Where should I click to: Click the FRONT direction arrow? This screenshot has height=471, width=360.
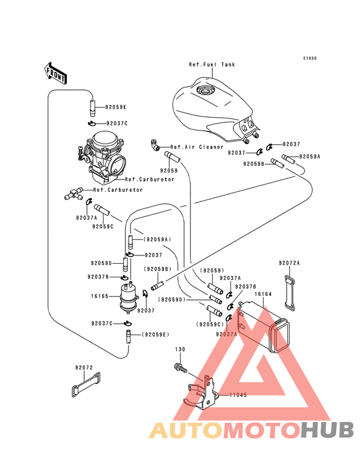pos(55,73)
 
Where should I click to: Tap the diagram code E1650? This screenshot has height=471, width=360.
pos(310,59)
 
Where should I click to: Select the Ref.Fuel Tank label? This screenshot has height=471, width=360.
pos(212,64)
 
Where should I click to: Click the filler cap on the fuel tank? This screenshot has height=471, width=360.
pos(206,89)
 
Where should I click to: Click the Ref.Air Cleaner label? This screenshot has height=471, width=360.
pos(197,147)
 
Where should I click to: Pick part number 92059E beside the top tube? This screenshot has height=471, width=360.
pos(116,107)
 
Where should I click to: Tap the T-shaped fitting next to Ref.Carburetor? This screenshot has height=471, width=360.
pos(74,194)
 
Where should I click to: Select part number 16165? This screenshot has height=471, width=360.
pos(100,296)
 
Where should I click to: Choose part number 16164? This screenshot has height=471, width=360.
pos(263,294)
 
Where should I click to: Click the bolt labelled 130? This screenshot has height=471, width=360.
pos(180,367)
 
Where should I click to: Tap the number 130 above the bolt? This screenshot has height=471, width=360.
pos(180,349)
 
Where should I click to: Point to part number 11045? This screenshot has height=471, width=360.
pos(239,395)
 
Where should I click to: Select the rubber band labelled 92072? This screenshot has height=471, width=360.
pos(85,385)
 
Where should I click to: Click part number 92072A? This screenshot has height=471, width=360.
pos(289,263)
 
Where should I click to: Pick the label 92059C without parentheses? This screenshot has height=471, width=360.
pos(103,226)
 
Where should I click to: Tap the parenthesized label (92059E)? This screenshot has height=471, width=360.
pos(156,335)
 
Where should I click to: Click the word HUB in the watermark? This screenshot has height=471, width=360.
pos(328,430)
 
